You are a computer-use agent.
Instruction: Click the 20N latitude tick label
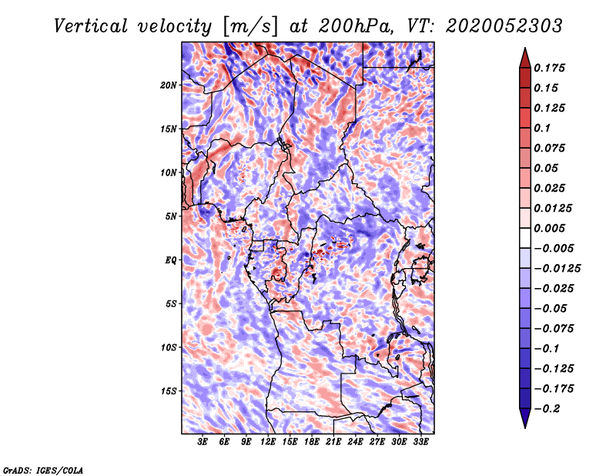point(169,85)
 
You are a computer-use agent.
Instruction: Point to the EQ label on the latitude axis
point(171,260)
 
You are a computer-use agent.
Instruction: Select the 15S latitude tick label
point(169,391)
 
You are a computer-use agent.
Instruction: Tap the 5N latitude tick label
point(171,216)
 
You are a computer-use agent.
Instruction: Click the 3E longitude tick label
point(203,443)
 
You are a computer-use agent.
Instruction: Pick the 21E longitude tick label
point(334,443)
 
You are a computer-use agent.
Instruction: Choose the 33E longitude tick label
point(421,443)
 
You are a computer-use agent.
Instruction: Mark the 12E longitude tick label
point(269,443)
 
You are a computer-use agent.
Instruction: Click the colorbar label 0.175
point(551,68)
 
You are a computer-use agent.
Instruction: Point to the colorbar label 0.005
point(551,228)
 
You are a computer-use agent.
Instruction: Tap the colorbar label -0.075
point(556,328)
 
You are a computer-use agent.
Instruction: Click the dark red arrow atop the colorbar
point(524,55)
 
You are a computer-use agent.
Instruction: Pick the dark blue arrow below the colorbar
point(524,419)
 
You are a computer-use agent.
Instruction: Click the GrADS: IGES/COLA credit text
point(43,469)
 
